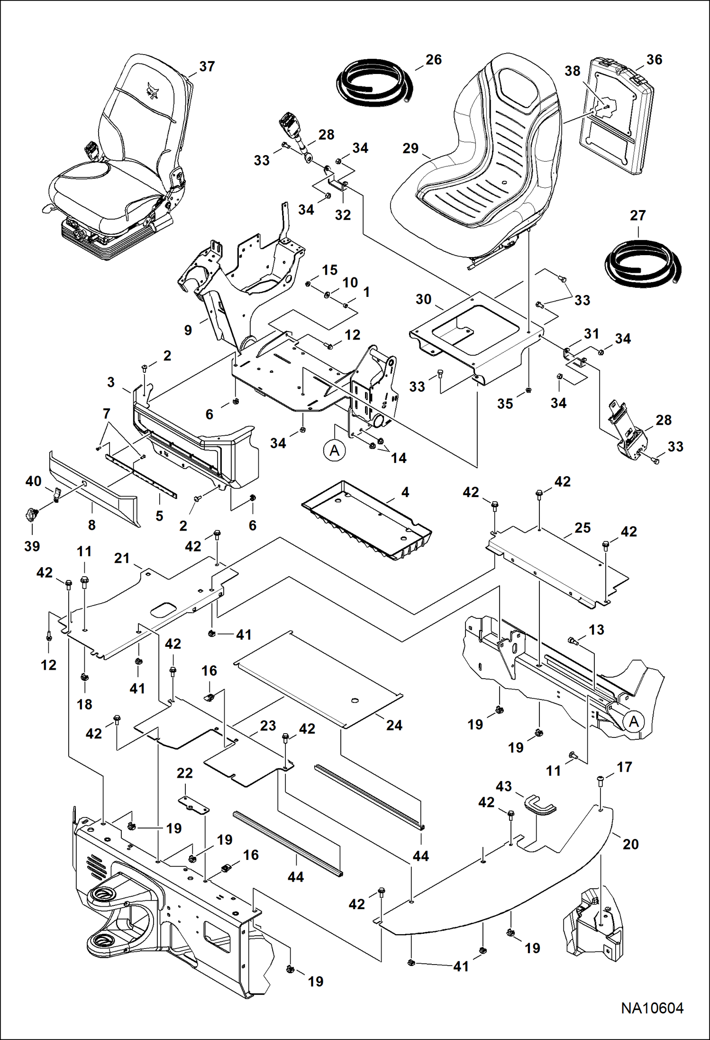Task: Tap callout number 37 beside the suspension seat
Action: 207,66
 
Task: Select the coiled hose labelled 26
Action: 374,83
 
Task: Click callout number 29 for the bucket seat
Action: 410,148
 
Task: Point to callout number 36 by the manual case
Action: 654,60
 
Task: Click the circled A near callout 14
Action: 335,450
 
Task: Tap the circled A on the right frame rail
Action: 634,722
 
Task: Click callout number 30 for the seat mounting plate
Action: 423,299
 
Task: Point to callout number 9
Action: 188,331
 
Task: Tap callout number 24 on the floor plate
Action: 394,725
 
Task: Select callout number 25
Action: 583,528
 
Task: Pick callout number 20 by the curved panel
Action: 630,844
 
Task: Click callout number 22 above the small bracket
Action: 184,773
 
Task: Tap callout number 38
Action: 572,71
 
